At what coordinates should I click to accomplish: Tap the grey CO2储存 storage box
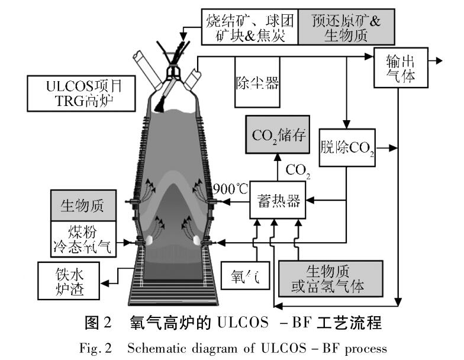coord(278,136)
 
